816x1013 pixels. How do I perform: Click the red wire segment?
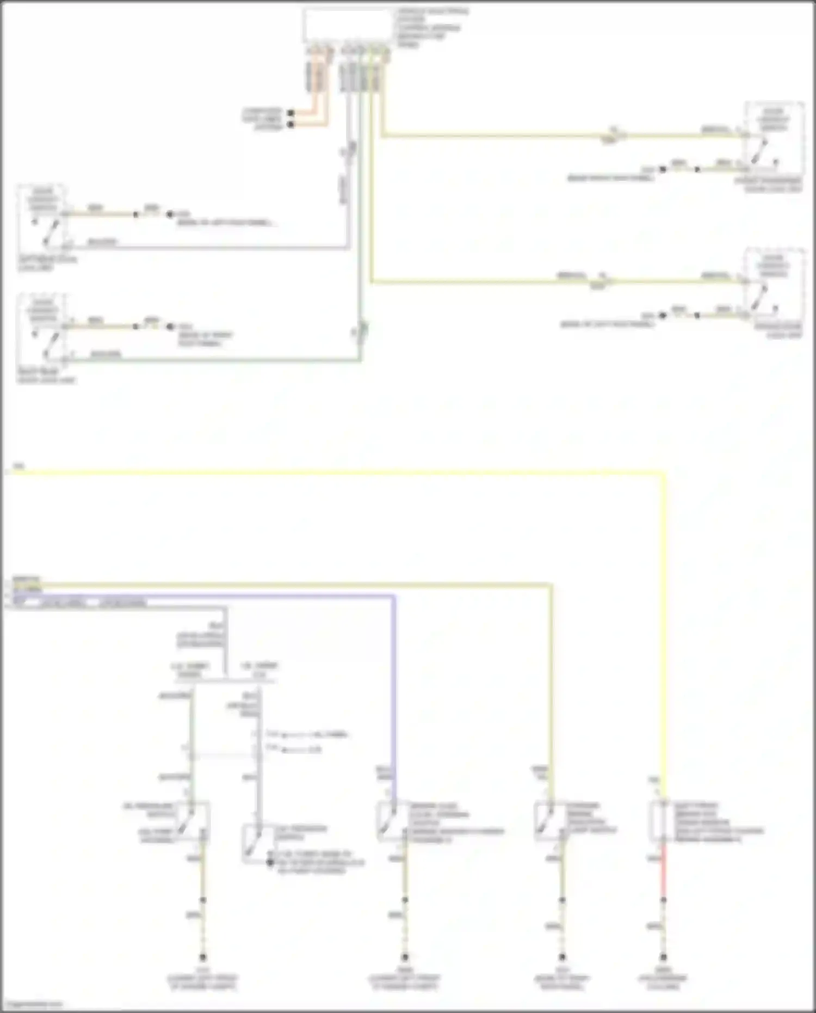pos(663,871)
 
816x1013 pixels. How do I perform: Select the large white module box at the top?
pos(348,25)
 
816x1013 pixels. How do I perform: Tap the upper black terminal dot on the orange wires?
pos(291,113)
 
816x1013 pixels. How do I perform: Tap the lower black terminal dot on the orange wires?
pos(291,125)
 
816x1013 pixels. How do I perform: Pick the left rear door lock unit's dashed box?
pos(42,218)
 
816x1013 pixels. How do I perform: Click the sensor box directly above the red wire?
pos(663,821)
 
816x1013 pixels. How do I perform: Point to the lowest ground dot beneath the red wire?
pos(663,957)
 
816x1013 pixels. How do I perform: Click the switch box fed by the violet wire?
pos(393,821)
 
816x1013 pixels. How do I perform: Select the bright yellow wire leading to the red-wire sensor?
pos(664,626)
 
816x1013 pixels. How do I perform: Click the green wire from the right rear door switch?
pos(218,360)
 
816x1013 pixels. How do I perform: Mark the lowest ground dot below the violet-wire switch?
pos(405,957)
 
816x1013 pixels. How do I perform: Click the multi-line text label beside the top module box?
pos(430,27)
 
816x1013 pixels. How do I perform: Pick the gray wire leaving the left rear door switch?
pos(218,248)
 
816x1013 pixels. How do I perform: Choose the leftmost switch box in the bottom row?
pos(194,821)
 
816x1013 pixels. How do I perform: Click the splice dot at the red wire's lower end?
pos(663,900)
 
